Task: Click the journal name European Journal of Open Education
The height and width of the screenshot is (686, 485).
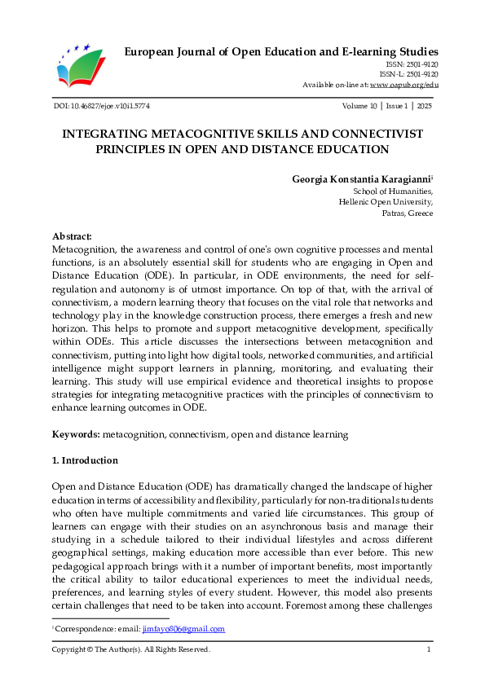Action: (280, 52)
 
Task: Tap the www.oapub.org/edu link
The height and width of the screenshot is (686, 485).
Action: (404, 84)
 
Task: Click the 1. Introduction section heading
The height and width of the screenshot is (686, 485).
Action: (85, 460)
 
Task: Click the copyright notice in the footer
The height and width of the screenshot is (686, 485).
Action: (131, 649)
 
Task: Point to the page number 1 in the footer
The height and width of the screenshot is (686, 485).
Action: (429, 649)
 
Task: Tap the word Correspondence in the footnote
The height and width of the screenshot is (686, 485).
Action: (80, 629)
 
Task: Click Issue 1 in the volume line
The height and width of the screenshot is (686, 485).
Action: (397, 107)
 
